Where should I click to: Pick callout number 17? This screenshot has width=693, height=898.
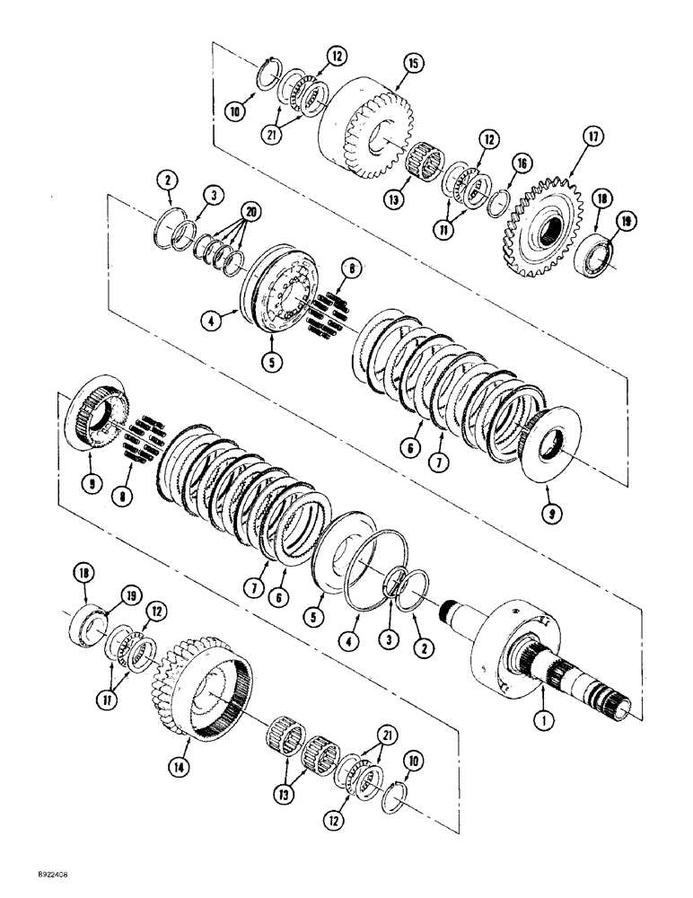coord(592,137)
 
